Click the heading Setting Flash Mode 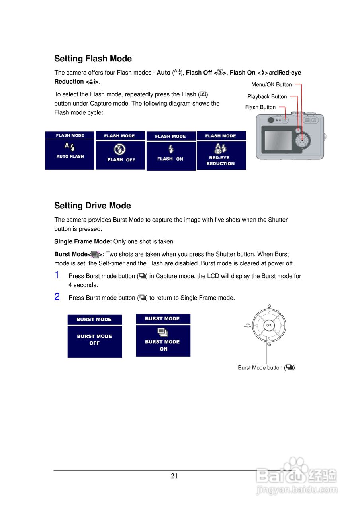pyautogui.click(x=93, y=59)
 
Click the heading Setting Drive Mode pyautogui.click(x=92, y=206)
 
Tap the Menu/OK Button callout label pyautogui.click(x=272, y=84)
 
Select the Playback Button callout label pyautogui.click(x=267, y=96)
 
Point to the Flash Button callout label pyautogui.click(x=260, y=107)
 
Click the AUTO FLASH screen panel pyautogui.click(x=70, y=151)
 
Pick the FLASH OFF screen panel pyautogui.click(x=120, y=151)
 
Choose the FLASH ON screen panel pyautogui.click(x=171, y=151)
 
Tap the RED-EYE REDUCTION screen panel pyautogui.click(x=221, y=151)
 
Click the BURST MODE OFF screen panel pyautogui.click(x=95, y=337)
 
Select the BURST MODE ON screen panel pyautogui.click(x=163, y=335)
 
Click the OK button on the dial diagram pyautogui.click(x=269, y=325)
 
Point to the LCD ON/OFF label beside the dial pyautogui.click(x=248, y=326)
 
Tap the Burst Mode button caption pyautogui.click(x=266, y=367)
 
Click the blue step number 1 pyautogui.click(x=57, y=275)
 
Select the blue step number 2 pyautogui.click(x=57, y=296)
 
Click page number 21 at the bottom pyautogui.click(x=174, y=476)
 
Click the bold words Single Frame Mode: pyautogui.click(x=83, y=241)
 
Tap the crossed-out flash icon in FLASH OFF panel pyautogui.click(x=119, y=149)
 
